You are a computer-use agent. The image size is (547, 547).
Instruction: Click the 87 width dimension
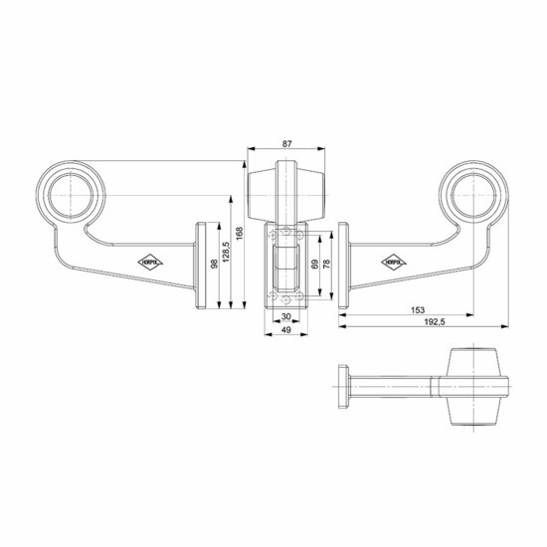pyautogui.click(x=287, y=144)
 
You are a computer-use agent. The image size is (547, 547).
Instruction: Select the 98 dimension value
pyautogui.click(x=213, y=265)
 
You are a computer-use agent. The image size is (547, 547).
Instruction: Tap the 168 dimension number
pyautogui.click(x=240, y=236)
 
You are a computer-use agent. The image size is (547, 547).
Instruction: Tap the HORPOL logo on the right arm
pyautogui.click(x=391, y=261)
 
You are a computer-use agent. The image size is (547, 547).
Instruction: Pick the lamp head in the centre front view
pyautogui.click(x=286, y=191)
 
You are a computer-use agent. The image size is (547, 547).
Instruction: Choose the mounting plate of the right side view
pyautogui.click(x=343, y=266)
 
